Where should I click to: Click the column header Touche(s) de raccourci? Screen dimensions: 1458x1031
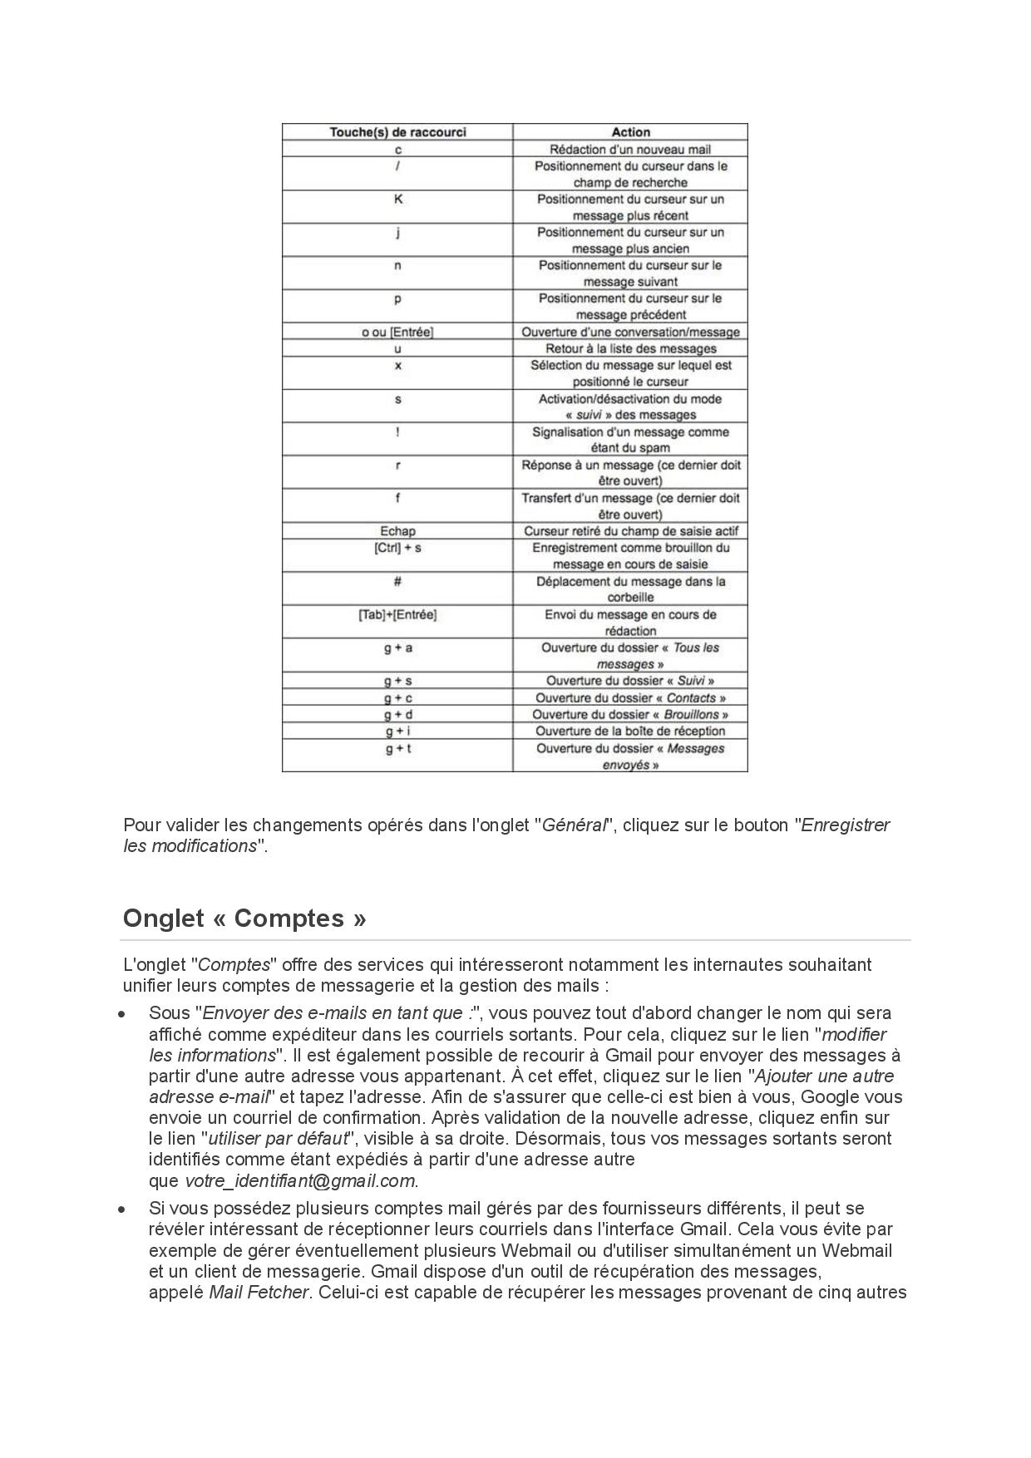[397, 132]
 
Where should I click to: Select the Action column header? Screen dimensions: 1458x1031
[630, 132]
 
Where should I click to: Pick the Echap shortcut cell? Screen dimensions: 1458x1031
[397, 531]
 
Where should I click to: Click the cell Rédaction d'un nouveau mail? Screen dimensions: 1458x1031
[630, 150]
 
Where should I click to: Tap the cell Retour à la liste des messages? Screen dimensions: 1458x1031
[630, 349]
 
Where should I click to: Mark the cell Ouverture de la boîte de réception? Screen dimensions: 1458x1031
[630, 731]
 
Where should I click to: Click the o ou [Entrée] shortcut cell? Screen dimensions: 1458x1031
[397, 332]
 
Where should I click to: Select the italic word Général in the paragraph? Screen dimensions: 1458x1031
[574, 825]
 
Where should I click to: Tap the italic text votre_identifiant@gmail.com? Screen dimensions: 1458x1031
[299, 1181]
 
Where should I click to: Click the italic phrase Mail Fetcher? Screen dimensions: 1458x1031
[259, 1293]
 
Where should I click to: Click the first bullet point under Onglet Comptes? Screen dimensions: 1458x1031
[122, 1014]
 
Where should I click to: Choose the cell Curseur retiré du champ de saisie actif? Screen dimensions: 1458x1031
[630, 531]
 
